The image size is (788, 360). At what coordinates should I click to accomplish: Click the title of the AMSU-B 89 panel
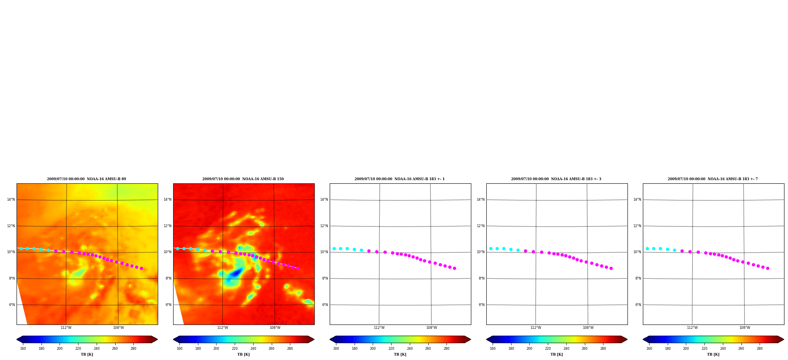(x=87, y=179)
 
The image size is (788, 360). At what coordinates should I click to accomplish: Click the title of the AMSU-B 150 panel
(x=243, y=179)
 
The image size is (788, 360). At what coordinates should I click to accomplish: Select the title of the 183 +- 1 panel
(x=400, y=179)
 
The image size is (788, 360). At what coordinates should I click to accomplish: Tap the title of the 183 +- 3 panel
(x=556, y=179)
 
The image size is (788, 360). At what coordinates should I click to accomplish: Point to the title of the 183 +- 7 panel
(x=713, y=179)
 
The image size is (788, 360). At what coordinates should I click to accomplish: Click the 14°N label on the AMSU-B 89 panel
(x=11, y=200)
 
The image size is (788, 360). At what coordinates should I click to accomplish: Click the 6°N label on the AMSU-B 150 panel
(x=168, y=305)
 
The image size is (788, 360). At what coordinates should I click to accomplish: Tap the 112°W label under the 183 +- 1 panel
(x=379, y=328)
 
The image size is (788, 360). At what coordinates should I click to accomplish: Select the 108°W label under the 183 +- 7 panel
(x=745, y=328)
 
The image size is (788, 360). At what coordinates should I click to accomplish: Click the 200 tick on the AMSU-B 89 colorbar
(x=60, y=349)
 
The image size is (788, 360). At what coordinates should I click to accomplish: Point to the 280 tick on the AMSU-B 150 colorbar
(x=290, y=349)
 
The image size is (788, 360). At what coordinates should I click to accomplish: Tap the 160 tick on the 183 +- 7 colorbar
(x=649, y=349)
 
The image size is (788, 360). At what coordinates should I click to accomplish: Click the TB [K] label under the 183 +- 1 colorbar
(x=400, y=354)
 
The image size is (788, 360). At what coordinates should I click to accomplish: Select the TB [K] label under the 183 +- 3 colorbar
(x=556, y=354)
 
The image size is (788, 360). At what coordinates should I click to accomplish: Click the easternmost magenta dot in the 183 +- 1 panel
(x=454, y=268)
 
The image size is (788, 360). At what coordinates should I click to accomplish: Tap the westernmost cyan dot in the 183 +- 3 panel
(x=491, y=248)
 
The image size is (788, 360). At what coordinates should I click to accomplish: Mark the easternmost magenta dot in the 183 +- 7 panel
(x=767, y=268)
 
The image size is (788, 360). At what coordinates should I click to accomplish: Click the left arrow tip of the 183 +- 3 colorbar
(x=486, y=339)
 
